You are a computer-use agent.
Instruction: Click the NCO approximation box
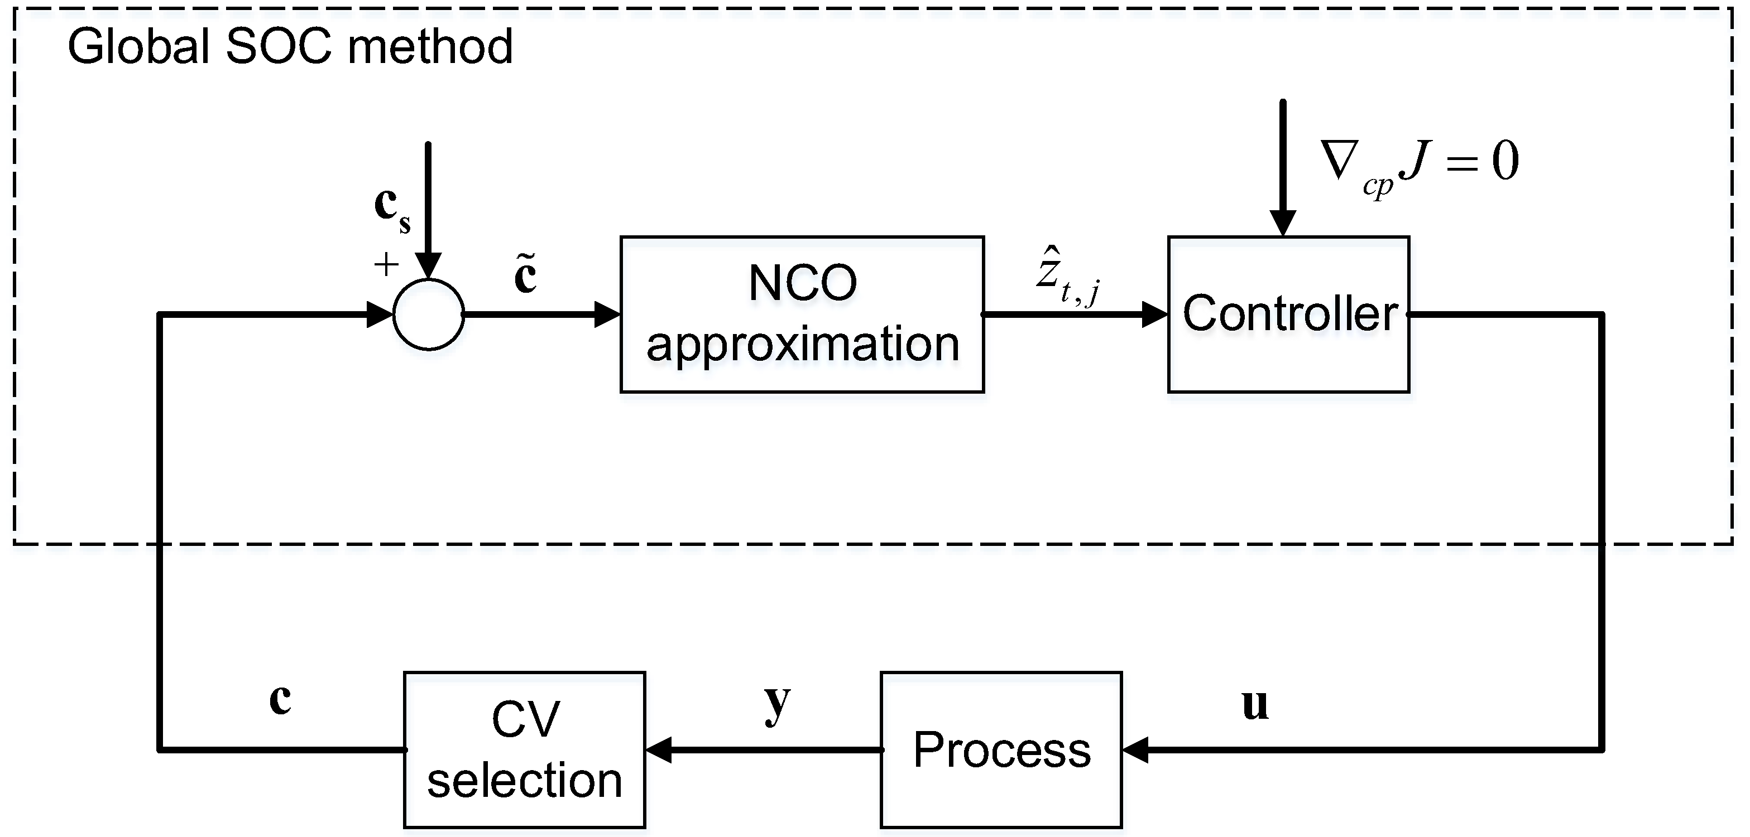click(x=802, y=315)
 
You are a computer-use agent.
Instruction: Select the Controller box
click(x=1288, y=315)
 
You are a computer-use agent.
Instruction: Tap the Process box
click(x=1001, y=749)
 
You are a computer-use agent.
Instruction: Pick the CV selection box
click(x=524, y=749)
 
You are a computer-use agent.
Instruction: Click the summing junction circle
click(x=429, y=315)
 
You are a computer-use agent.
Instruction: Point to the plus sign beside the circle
click(x=386, y=264)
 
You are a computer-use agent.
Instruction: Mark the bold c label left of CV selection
click(x=280, y=699)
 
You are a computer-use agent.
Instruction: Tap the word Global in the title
click(x=138, y=47)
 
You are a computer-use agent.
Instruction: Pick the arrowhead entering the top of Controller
click(x=1283, y=222)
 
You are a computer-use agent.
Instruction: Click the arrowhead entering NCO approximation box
click(x=607, y=315)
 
